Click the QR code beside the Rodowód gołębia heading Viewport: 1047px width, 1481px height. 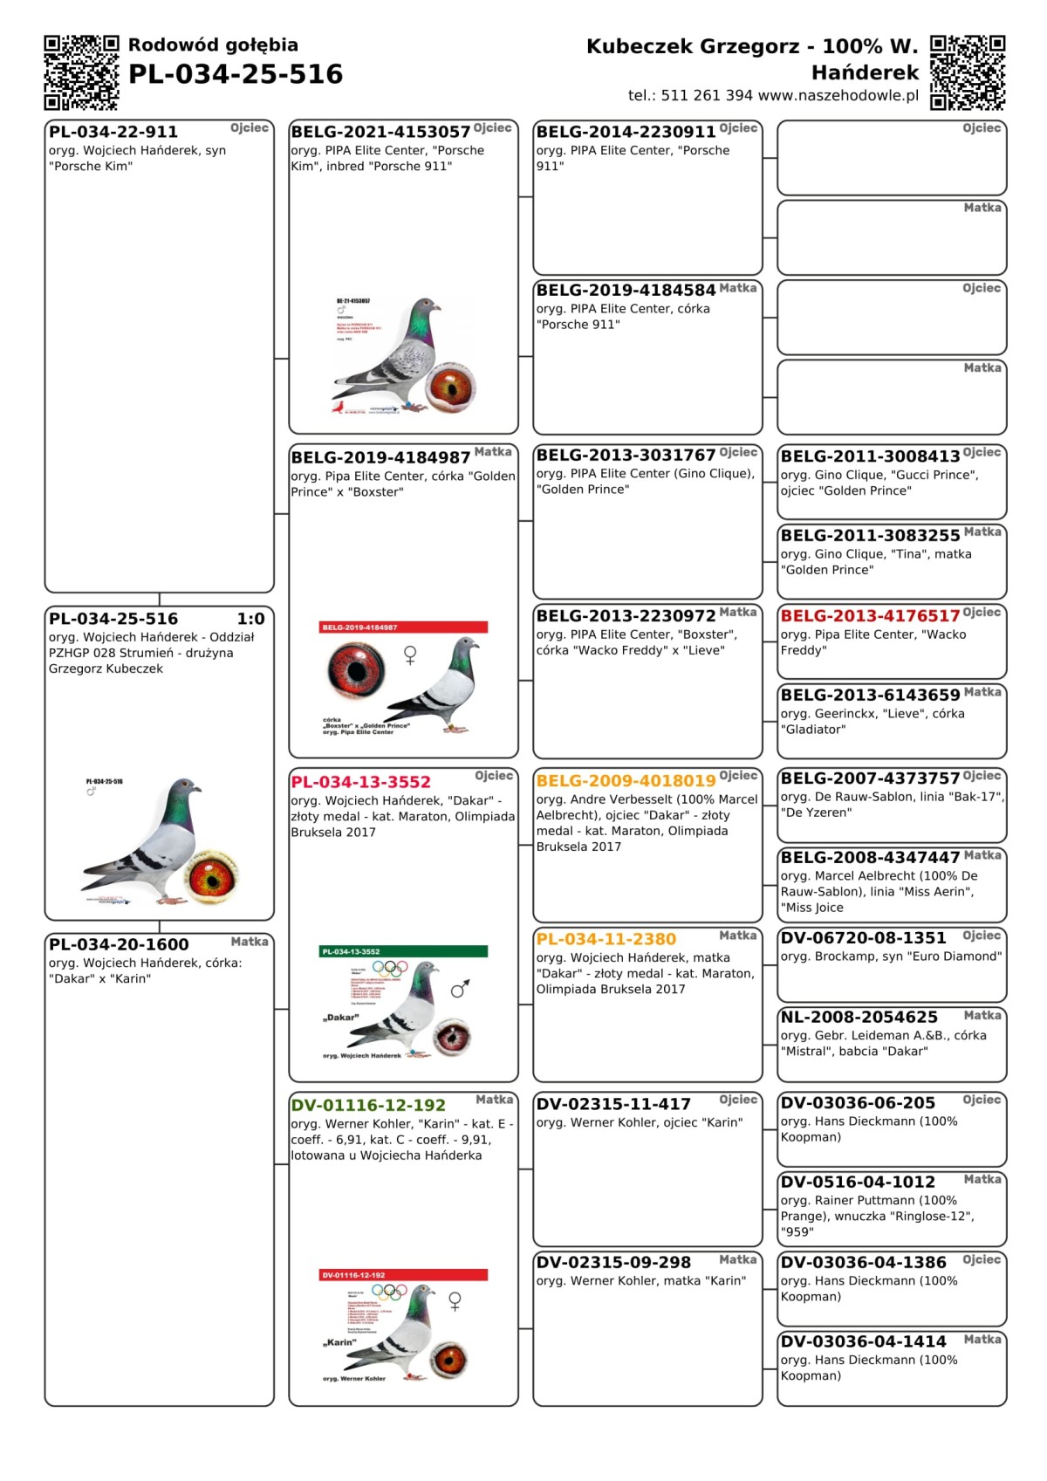81,72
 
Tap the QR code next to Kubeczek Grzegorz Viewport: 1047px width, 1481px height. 968,72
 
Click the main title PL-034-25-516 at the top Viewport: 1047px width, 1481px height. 236,74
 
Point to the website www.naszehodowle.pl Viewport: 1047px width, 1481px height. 838,96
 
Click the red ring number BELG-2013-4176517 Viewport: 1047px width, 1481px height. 870,616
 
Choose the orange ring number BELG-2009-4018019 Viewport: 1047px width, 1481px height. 626,780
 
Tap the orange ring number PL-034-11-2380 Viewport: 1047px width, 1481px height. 606,939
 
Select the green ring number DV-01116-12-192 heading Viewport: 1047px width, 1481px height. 368,1105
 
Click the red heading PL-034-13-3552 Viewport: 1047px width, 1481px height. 361,782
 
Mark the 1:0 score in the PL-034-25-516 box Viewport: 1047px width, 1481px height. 250,619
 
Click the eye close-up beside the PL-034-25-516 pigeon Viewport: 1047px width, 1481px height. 212,874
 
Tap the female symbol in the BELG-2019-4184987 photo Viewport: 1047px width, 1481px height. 410,655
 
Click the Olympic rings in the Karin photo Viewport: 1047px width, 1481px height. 389,1291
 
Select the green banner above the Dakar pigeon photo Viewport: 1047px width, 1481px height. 404,951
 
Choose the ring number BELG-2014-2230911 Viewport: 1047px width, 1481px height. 626,132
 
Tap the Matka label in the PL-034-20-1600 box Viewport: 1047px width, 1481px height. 250,942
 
